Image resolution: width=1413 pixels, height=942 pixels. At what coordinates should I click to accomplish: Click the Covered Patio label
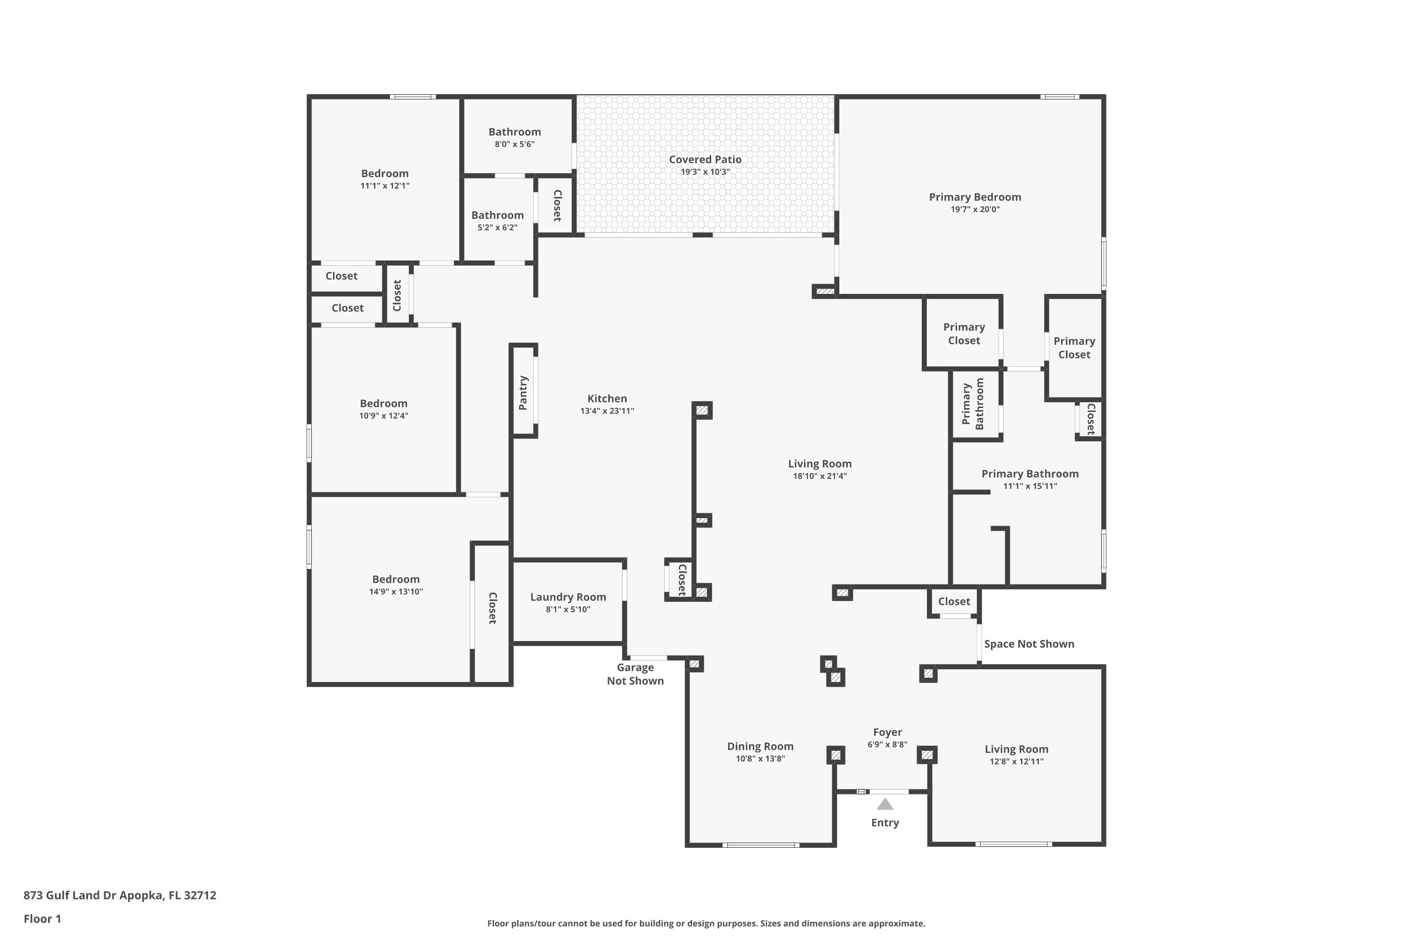click(705, 159)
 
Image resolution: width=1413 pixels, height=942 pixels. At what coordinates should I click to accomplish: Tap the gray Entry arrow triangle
click(885, 804)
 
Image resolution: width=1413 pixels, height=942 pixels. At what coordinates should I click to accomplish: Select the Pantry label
click(523, 393)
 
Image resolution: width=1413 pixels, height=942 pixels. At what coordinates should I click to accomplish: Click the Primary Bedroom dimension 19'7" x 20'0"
click(975, 210)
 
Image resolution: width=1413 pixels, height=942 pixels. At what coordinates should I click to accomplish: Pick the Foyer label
click(887, 732)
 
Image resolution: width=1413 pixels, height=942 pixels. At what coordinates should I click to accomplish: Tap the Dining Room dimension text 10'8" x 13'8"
click(760, 759)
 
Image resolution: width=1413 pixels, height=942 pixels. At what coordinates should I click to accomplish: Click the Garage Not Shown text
click(635, 674)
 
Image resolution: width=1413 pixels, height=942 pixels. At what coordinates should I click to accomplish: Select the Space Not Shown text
click(1029, 644)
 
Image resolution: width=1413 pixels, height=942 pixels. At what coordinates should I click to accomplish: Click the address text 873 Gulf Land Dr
click(70, 895)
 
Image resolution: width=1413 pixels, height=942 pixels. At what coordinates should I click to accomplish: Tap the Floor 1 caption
click(42, 918)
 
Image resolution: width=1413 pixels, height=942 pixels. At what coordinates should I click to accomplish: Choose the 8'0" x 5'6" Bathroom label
click(514, 131)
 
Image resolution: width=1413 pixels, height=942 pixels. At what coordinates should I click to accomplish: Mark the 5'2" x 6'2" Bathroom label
click(497, 215)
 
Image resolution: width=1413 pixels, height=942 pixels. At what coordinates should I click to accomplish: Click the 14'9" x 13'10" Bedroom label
click(396, 579)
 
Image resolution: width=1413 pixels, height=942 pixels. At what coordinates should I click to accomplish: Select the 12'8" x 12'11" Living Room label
click(1016, 749)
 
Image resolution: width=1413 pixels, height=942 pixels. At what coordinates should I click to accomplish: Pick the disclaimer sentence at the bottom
click(706, 923)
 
